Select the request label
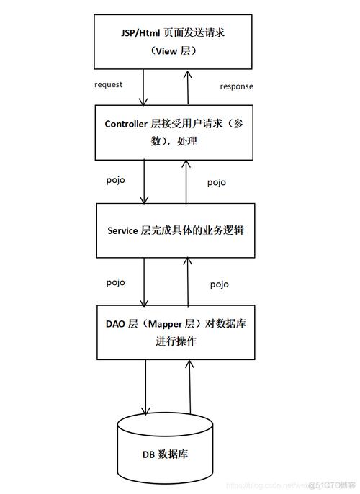(109, 84)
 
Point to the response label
(236, 86)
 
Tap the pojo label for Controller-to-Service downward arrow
(115, 179)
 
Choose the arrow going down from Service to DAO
(145, 281)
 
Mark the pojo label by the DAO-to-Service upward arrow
(220, 284)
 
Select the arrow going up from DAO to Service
(189, 281)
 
